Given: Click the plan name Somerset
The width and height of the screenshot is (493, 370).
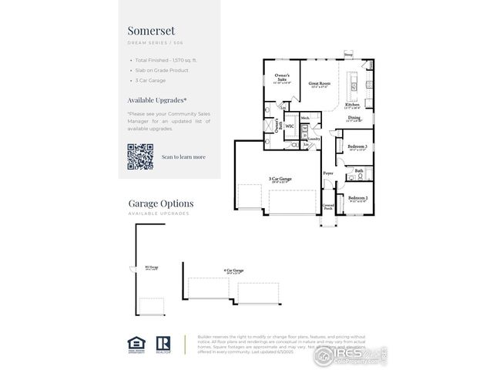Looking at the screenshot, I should pyautogui.click(x=151, y=30).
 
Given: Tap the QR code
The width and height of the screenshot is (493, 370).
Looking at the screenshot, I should pyautogui.click(x=140, y=156).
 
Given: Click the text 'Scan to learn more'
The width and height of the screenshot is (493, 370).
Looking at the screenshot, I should pyautogui.click(x=183, y=156).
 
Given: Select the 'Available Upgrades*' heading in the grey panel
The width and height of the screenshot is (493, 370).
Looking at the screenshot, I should pyautogui.click(x=156, y=100).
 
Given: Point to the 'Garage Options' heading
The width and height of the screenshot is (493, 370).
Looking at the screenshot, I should pyautogui.click(x=161, y=203).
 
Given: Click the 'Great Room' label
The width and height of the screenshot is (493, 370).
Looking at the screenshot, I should pyautogui.click(x=320, y=83).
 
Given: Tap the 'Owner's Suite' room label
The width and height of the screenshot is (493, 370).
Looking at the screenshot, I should pyautogui.click(x=282, y=77).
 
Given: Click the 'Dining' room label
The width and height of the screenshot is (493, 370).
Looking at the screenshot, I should pyautogui.click(x=354, y=118).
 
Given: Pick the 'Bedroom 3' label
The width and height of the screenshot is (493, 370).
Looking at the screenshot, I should pyautogui.click(x=357, y=146).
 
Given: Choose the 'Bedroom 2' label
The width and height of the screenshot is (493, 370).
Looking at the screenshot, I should pyautogui.click(x=357, y=198).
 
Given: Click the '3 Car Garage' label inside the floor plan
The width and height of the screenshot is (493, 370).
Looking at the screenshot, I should pyautogui.click(x=280, y=178).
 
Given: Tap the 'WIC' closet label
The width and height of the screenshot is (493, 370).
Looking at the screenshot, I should pyautogui.click(x=290, y=125).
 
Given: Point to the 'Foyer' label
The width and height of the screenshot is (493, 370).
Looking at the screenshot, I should pyautogui.click(x=328, y=173).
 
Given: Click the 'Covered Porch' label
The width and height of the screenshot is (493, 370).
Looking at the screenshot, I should pyautogui.click(x=329, y=207).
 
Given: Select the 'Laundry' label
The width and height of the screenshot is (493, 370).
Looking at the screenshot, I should pyautogui.click(x=314, y=138).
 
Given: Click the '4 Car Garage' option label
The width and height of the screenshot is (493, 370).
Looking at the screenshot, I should pyautogui.click(x=233, y=271).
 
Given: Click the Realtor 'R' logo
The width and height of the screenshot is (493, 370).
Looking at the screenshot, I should pyautogui.click(x=163, y=343).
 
